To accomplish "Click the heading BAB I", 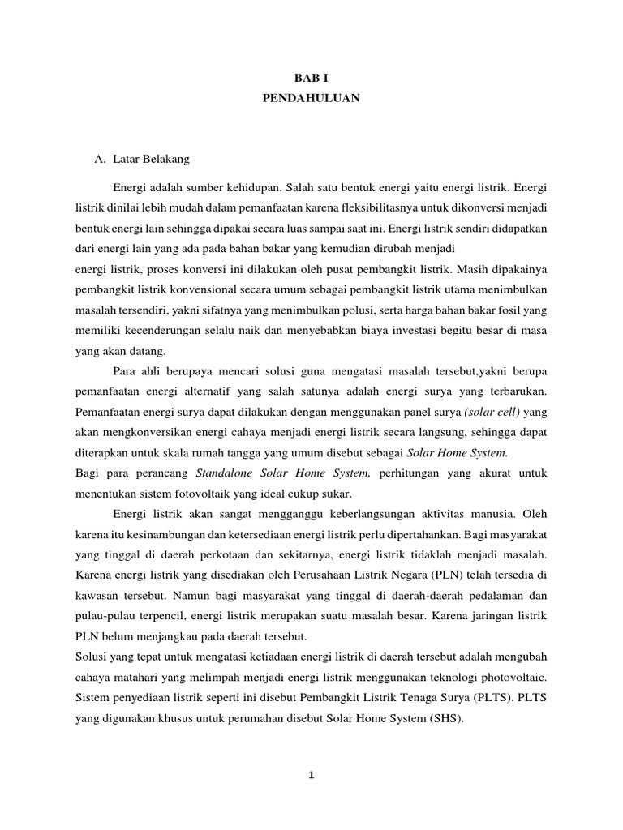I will pyautogui.click(x=311, y=77).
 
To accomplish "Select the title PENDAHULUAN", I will pyautogui.click(x=311, y=98).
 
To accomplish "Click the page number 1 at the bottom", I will pyautogui.click(x=311, y=774).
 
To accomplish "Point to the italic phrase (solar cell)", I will pyautogui.click(x=493, y=411).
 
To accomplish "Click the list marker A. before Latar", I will pyautogui.click(x=100, y=159).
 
